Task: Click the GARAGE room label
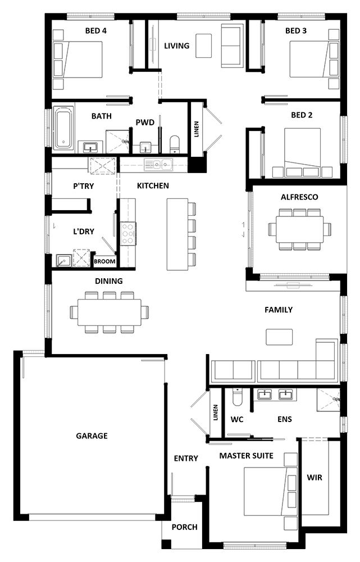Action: (x=92, y=436)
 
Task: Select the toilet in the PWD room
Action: (x=175, y=144)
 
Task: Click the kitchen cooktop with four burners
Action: (x=128, y=234)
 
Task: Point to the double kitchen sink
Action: (x=158, y=165)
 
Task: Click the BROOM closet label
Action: (x=104, y=261)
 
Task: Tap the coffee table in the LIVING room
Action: (x=203, y=46)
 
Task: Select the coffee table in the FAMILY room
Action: (x=279, y=337)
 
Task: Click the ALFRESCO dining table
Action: (x=299, y=229)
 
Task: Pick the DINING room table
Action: (x=110, y=312)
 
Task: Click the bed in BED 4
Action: (x=78, y=60)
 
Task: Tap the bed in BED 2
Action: (x=303, y=152)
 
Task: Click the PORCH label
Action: (x=184, y=527)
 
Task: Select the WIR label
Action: (x=315, y=477)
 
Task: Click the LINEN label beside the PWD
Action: (x=197, y=129)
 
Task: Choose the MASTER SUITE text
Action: (x=247, y=456)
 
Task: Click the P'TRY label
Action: (x=84, y=186)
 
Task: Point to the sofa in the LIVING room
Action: (x=233, y=46)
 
